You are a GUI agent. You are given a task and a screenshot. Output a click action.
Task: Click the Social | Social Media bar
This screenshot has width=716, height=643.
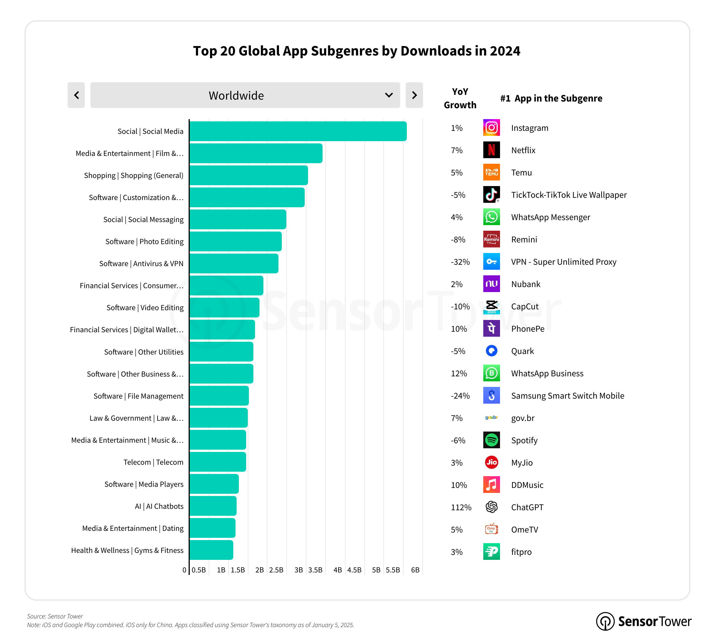click(x=298, y=131)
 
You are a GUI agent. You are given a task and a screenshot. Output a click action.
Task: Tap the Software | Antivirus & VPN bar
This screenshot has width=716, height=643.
click(x=234, y=263)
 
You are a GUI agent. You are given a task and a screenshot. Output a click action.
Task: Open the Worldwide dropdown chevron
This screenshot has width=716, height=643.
click(x=389, y=95)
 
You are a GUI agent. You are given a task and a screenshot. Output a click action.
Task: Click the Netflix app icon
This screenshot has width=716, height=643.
click(x=491, y=150)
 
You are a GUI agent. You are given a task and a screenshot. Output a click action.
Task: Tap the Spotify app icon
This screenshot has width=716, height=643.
click(x=491, y=440)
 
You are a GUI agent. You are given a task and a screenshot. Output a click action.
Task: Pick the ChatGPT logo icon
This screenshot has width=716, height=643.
click(x=491, y=507)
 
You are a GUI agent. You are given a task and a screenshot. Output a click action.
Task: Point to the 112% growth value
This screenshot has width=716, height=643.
click(x=461, y=507)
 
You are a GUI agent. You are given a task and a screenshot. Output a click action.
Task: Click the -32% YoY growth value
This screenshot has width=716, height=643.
click(x=460, y=262)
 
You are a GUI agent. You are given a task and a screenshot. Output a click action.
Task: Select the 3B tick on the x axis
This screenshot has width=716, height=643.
click(x=299, y=570)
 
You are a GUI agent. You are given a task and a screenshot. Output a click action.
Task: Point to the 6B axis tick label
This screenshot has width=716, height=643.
click(x=415, y=570)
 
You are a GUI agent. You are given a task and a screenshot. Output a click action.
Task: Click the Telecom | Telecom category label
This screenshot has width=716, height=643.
click(x=153, y=462)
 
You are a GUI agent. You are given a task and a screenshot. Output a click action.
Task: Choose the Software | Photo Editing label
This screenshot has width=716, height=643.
click(x=144, y=241)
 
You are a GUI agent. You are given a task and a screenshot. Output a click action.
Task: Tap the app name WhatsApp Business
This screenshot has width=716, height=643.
click(x=547, y=374)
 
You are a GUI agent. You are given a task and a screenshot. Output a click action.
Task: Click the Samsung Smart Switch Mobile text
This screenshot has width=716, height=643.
click(x=568, y=396)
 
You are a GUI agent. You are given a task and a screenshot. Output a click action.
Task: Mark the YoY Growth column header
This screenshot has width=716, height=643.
click(x=460, y=98)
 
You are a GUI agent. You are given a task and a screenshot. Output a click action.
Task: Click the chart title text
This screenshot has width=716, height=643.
click(x=357, y=51)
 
